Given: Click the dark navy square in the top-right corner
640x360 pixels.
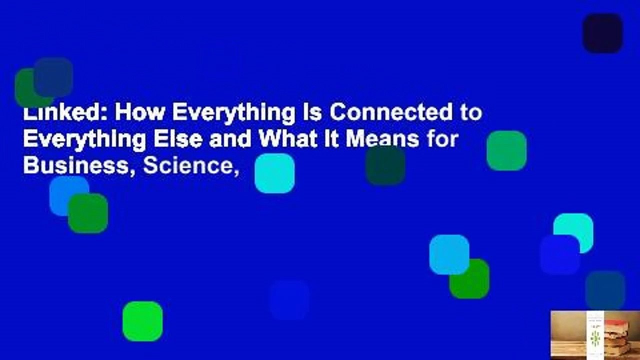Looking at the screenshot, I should point(602,33).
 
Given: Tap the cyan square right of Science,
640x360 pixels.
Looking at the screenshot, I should point(274,173).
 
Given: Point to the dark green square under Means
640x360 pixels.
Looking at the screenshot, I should point(385,165).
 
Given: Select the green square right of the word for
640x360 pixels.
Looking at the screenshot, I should point(506,150).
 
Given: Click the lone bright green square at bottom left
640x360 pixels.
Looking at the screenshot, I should point(142,321).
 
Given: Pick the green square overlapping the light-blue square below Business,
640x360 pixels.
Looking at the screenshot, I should point(88,213).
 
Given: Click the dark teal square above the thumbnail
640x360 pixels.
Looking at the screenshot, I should point(605,290).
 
